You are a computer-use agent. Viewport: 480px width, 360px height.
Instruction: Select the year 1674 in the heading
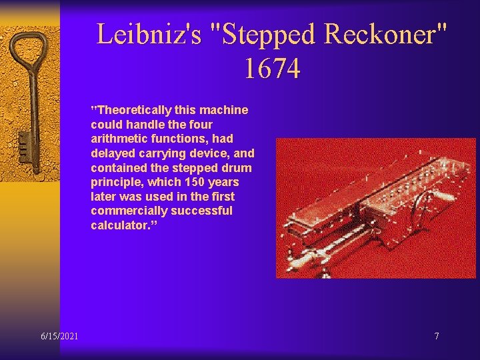pyautogui.click(x=272, y=68)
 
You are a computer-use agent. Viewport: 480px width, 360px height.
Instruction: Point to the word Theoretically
pyautogui.click(x=132, y=110)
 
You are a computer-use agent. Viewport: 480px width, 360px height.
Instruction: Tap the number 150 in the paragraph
pyautogui.click(x=192, y=182)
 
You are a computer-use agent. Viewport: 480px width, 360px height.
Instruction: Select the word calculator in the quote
pyautogui.click(x=116, y=225)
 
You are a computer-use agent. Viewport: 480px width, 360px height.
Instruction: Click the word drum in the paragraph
pyautogui.click(x=238, y=167)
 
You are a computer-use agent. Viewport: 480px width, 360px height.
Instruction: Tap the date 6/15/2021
pyautogui.click(x=59, y=336)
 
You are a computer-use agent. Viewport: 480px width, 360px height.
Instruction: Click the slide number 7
pyautogui.click(x=437, y=336)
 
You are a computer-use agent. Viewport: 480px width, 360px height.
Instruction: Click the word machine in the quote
pyautogui.click(x=227, y=110)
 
